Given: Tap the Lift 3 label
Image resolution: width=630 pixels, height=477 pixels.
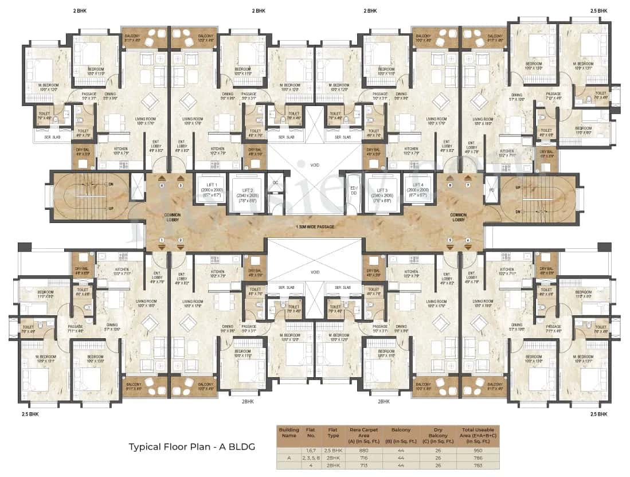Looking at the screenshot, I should (379, 193).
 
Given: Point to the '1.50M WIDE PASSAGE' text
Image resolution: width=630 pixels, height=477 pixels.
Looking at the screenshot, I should (315, 227).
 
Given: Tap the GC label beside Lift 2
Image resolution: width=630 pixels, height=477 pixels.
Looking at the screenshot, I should (275, 183).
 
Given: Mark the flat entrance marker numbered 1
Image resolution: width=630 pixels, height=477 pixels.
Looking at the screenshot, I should (162, 240).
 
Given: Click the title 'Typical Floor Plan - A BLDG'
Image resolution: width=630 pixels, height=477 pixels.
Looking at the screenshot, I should (191, 447).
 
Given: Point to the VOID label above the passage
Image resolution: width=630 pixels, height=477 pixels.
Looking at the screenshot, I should (315, 165).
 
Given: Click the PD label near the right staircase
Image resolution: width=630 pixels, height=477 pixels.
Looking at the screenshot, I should (491, 189).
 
